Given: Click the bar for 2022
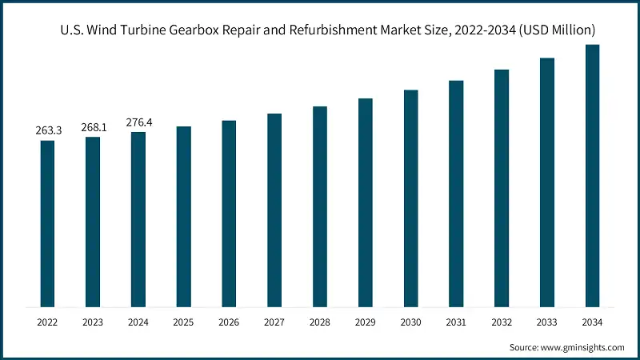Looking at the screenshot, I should tap(47, 223).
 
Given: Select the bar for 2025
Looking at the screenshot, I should tap(184, 216).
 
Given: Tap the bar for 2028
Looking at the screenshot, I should tap(320, 206).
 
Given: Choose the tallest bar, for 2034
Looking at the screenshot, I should tap(593, 175).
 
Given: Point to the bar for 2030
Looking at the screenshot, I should tap(411, 198).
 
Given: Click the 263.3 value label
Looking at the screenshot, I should tap(47, 130).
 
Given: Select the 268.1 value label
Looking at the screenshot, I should tap(93, 126).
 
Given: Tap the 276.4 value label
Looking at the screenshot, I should tap(138, 122).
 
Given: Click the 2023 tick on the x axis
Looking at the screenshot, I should tap(93, 322).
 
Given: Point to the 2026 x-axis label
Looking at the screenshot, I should tap(229, 322).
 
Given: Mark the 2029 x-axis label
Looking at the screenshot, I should tap(366, 322).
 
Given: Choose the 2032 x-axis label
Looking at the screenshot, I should tap(502, 322).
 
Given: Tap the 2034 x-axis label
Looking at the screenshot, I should tap(593, 322).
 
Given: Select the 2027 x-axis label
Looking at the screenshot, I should tap(274, 322).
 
